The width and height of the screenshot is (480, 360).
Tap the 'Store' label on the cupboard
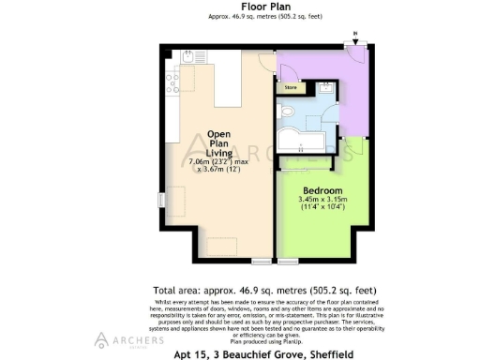291,89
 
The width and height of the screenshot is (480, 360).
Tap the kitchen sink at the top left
187,58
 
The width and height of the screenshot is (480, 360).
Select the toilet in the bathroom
288,114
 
